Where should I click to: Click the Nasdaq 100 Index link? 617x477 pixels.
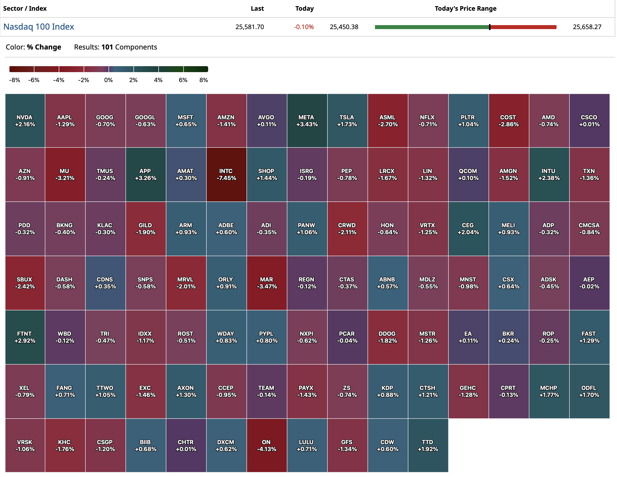(39, 27)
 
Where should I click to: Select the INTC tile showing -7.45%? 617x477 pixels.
(226, 174)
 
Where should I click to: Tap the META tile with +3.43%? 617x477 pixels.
(307, 121)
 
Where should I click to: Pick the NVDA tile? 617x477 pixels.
(25, 121)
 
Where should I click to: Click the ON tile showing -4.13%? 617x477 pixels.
(266, 445)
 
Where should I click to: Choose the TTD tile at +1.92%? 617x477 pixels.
(428, 445)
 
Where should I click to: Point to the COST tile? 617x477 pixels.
(508, 121)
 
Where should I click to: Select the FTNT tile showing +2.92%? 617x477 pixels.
(25, 337)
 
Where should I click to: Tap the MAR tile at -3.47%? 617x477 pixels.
(266, 283)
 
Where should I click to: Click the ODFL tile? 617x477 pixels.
(589, 391)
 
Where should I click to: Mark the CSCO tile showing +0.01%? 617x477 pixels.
(589, 121)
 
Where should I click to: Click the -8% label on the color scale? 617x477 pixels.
(14, 80)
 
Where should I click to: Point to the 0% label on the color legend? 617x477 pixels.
(109, 80)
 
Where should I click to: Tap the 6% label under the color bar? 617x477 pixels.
(183, 80)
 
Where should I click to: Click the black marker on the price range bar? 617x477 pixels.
(490, 27)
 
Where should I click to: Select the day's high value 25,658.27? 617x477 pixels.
(587, 27)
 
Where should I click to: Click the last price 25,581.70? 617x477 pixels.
(249, 27)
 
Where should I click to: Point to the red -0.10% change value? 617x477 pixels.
(304, 27)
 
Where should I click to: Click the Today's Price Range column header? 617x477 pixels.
(465, 8)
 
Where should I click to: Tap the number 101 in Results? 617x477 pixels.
(107, 47)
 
